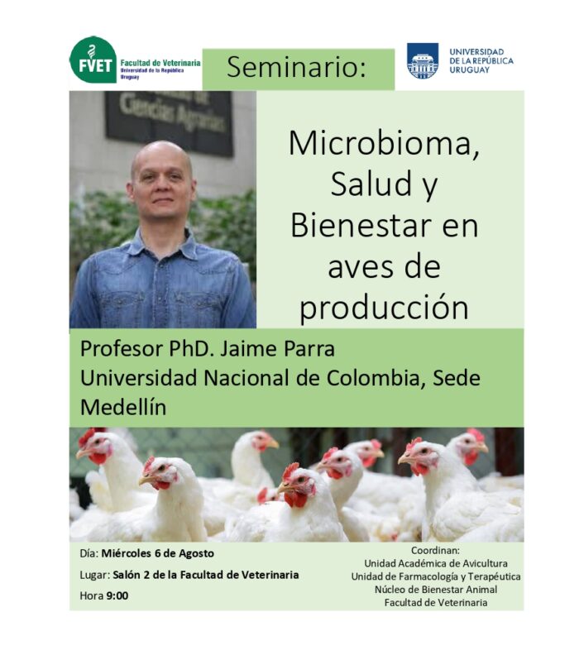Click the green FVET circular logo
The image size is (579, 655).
pyautogui.click(x=93, y=60)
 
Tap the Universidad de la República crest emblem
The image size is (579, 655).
pyautogui.click(x=423, y=61)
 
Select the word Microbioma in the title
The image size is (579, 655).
pyautogui.click(x=384, y=143)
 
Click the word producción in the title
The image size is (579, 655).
pyautogui.click(x=384, y=308)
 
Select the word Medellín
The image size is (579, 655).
pyautogui.click(x=123, y=407)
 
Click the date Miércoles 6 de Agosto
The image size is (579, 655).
pyautogui.click(x=158, y=553)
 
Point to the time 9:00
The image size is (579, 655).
pyautogui.click(x=117, y=595)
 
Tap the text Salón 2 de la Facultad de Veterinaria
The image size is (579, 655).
pyautogui.click(x=205, y=575)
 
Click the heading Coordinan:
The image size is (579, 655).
pyautogui.click(x=435, y=550)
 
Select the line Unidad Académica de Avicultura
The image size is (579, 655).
pyautogui.click(x=436, y=563)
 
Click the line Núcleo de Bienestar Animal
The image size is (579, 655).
pyautogui.click(x=436, y=590)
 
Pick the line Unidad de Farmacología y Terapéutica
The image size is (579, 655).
pyautogui.click(x=436, y=576)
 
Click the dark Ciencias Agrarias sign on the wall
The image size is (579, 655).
pyautogui.click(x=169, y=122)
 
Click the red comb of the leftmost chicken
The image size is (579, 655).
pyautogui.click(x=88, y=435)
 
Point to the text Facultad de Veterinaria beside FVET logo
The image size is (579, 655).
pyautogui.click(x=160, y=63)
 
